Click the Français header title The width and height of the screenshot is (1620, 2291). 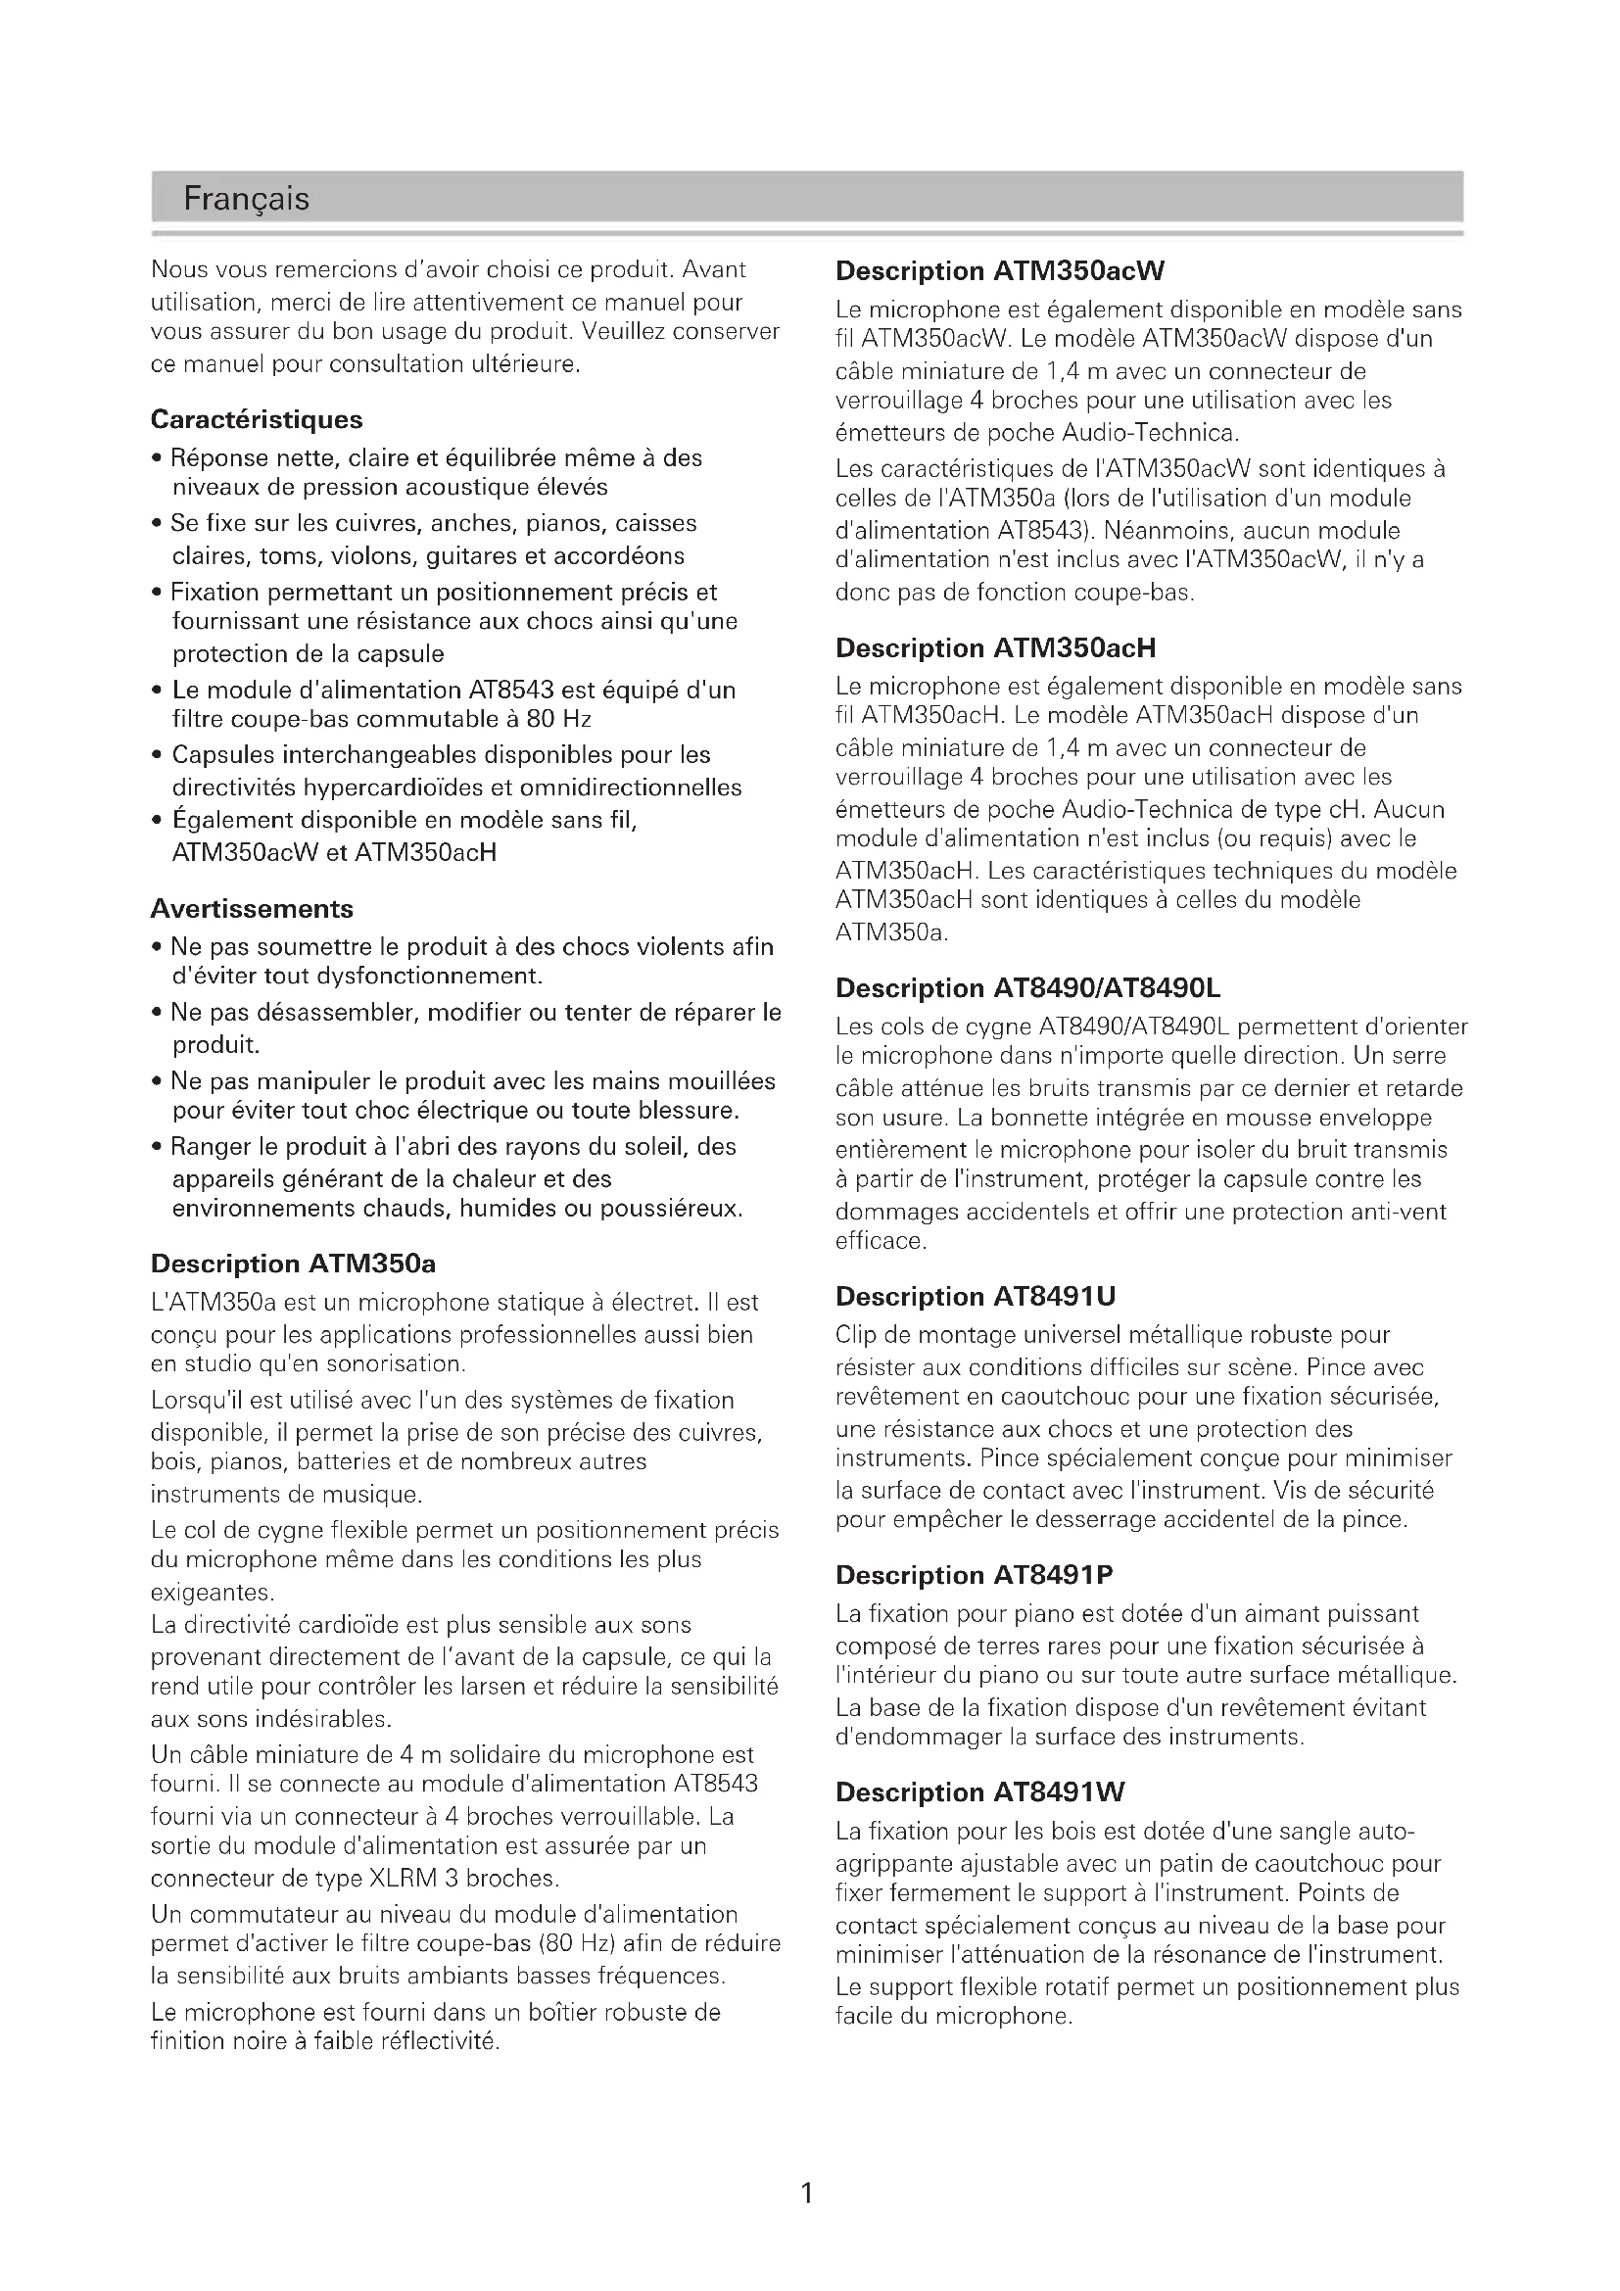[247, 200]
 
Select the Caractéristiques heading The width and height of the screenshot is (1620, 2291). [257, 420]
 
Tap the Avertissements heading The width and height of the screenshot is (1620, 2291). [252, 909]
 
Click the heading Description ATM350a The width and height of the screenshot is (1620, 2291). [293, 1265]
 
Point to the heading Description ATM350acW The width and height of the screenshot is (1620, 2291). [1000, 271]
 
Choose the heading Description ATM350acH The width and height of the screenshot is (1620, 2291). [995, 648]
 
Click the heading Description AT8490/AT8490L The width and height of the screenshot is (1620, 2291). [1027, 989]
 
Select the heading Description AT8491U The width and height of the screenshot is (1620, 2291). [976, 1297]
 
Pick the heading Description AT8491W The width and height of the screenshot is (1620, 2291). [979, 1793]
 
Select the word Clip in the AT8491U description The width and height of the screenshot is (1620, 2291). [856, 1336]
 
